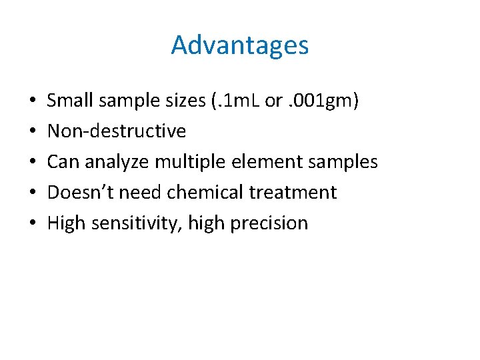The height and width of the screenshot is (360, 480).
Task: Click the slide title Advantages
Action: click(240, 45)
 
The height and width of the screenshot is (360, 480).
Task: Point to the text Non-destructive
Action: click(117, 131)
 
